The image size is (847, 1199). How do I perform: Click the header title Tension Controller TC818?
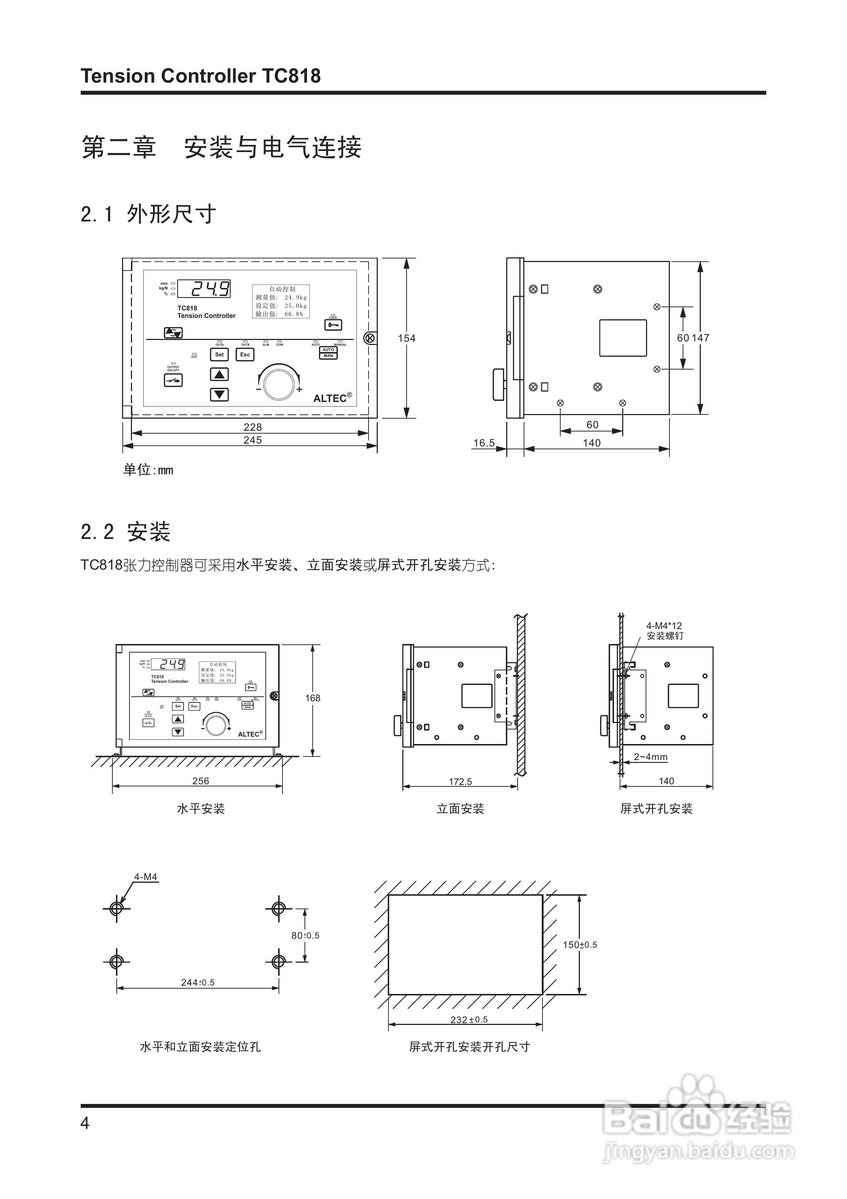pyautogui.click(x=200, y=76)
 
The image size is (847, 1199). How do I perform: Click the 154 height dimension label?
pyautogui.click(x=407, y=339)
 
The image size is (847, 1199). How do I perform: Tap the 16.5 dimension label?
pyautogui.click(x=484, y=443)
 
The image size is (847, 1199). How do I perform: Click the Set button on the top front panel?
pyautogui.click(x=219, y=355)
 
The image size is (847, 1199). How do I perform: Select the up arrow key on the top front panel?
pyautogui.click(x=219, y=375)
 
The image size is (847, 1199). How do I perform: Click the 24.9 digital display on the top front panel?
pyautogui.click(x=204, y=289)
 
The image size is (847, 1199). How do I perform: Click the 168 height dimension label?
pyautogui.click(x=313, y=698)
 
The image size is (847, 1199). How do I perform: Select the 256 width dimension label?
pyautogui.click(x=200, y=781)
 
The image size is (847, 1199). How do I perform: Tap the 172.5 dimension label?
pyautogui.click(x=460, y=782)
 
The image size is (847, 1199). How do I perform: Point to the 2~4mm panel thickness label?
pyautogui.click(x=650, y=757)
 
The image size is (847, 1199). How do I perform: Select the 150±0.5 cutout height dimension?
pyautogui.click(x=580, y=945)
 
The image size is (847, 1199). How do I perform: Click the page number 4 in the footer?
pyautogui.click(x=85, y=1123)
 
